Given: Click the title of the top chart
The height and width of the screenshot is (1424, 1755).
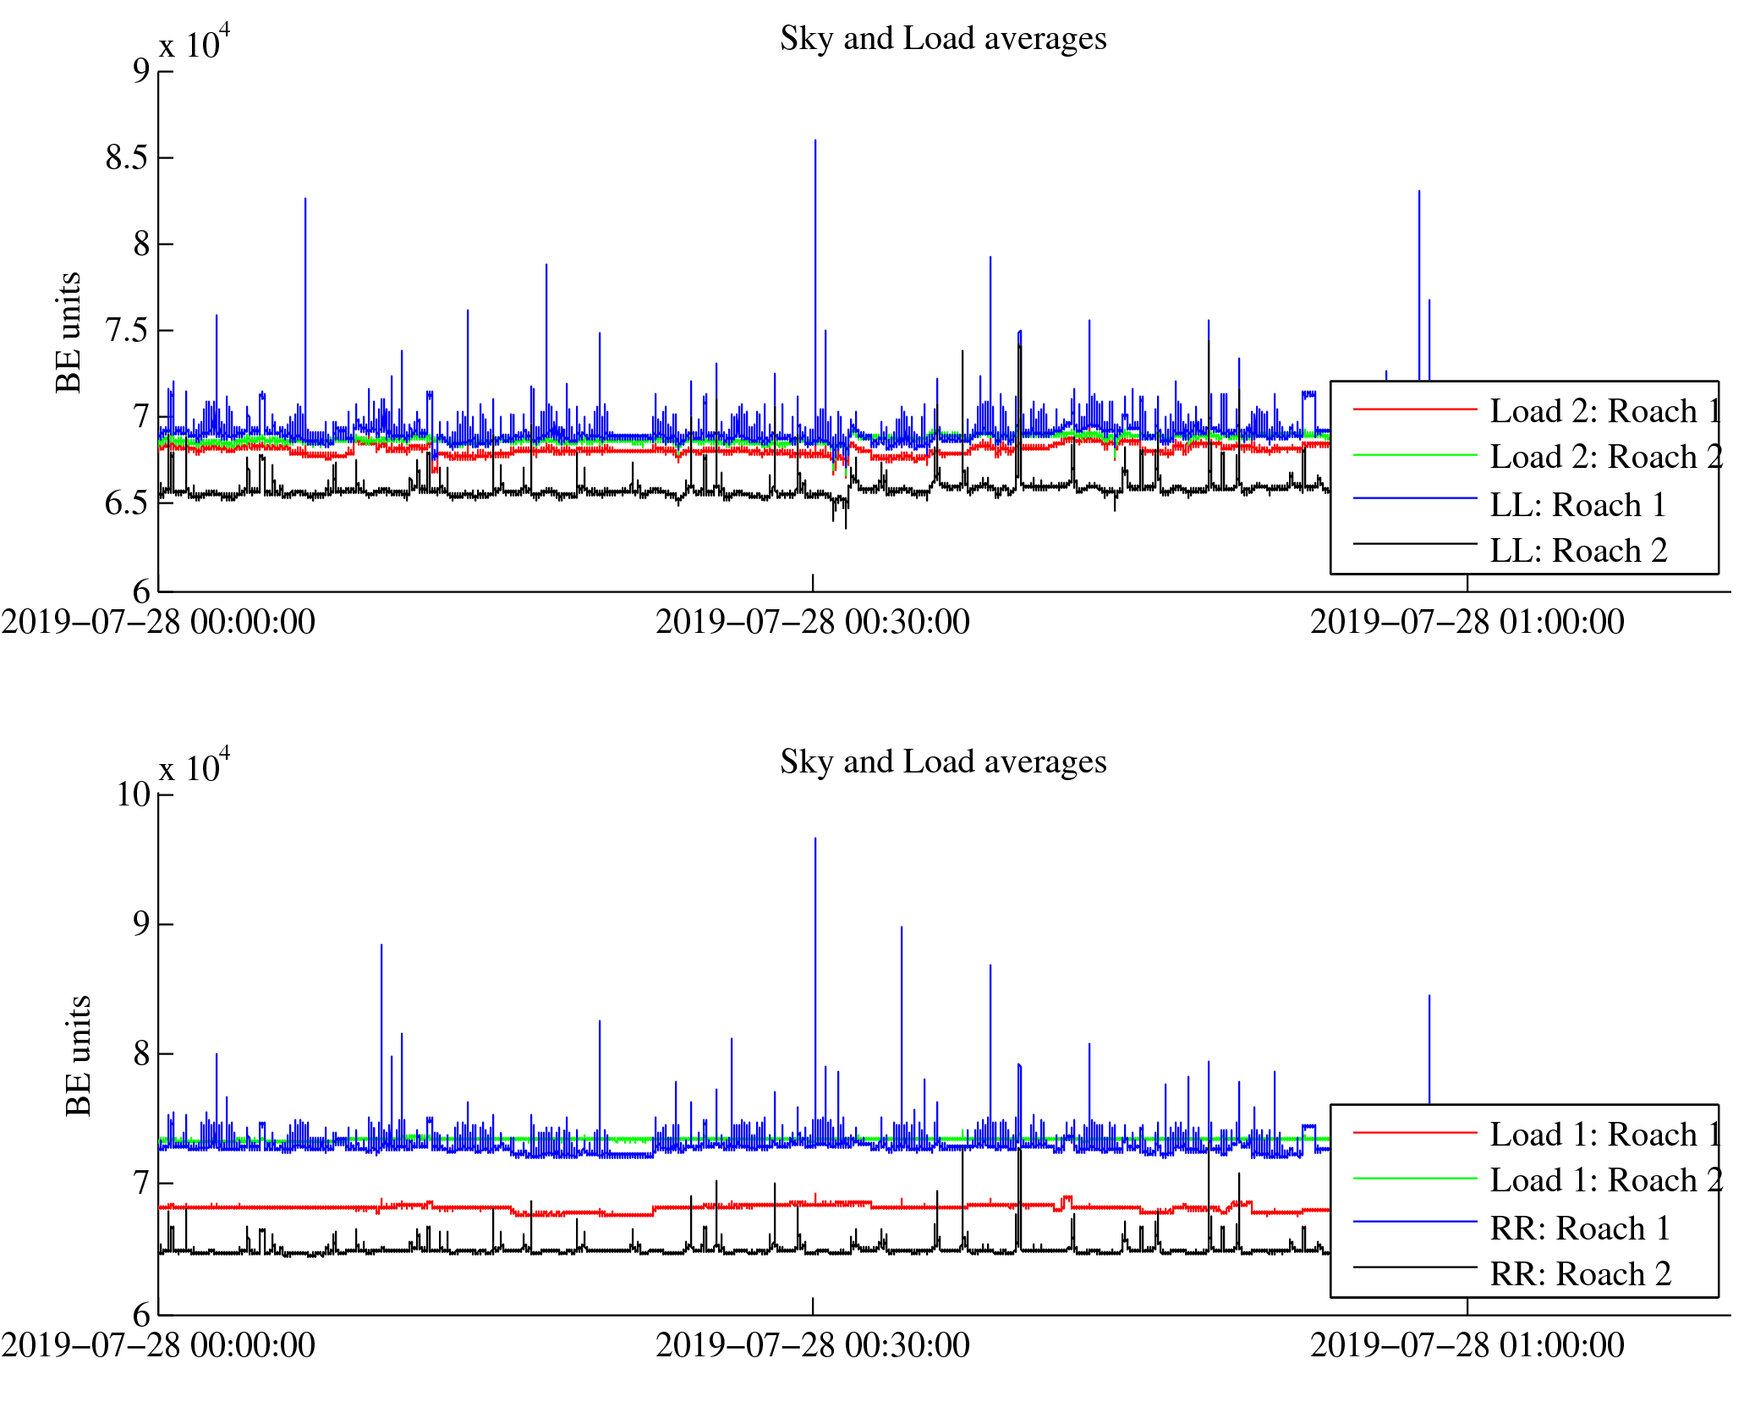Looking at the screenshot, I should point(943,39).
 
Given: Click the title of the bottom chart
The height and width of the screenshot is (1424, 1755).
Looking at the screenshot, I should point(943,762).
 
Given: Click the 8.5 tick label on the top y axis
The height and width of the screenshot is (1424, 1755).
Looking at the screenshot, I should point(127,158).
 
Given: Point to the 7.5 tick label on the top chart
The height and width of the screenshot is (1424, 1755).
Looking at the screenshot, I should point(127,331).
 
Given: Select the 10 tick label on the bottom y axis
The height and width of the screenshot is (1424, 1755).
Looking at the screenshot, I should point(134,795).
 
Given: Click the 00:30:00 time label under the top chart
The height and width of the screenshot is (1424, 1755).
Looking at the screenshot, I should point(813,623).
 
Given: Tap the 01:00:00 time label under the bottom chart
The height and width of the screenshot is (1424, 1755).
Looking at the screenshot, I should point(1467,1346).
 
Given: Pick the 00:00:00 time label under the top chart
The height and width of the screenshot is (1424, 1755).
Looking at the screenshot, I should point(158,623).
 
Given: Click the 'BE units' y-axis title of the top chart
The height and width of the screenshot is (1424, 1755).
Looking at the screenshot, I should point(69,333).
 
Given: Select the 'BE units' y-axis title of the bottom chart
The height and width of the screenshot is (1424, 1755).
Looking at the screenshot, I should point(79,1056).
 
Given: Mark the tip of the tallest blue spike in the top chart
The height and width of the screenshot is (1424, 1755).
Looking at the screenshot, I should point(815,140).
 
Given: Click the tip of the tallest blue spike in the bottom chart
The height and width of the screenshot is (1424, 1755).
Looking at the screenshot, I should point(815,838).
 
